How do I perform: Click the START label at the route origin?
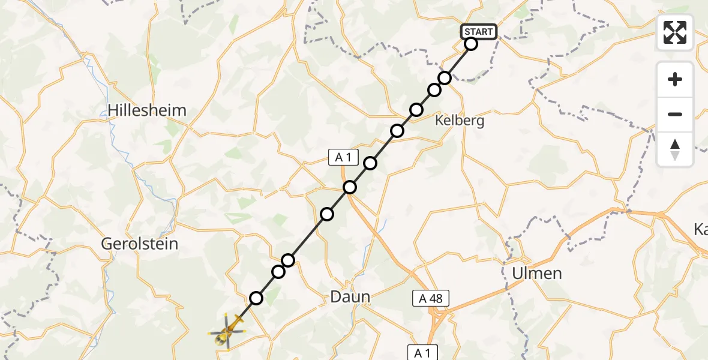pyautogui.click(x=478, y=32)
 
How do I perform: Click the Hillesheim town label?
pyautogui.click(x=147, y=110)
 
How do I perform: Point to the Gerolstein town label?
pyautogui.click(x=139, y=244)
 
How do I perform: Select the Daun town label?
pyautogui.click(x=350, y=296)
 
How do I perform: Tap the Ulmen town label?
pyautogui.click(x=536, y=274)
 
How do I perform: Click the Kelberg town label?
pyautogui.click(x=460, y=121)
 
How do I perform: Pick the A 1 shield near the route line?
pyautogui.click(x=343, y=158)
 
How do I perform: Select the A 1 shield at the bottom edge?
pyautogui.click(x=423, y=352)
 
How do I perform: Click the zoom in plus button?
pyautogui.click(x=675, y=80)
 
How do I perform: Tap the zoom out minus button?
pyautogui.click(x=675, y=114)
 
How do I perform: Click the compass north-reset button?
pyautogui.click(x=675, y=149)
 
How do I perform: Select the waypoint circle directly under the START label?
pyautogui.click(x=470, y=44)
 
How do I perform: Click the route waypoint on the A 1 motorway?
pyautogui.click(x=350, y=188)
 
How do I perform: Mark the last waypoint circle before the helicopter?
pyautogui.click(x=256, y=298)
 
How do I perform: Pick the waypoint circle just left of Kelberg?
pyautogui.click(x=416, y=110)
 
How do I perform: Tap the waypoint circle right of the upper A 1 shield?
pyautogui.click(x=370, y=163)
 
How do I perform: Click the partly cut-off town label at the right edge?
pyautogui.click(x=700, y=229)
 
